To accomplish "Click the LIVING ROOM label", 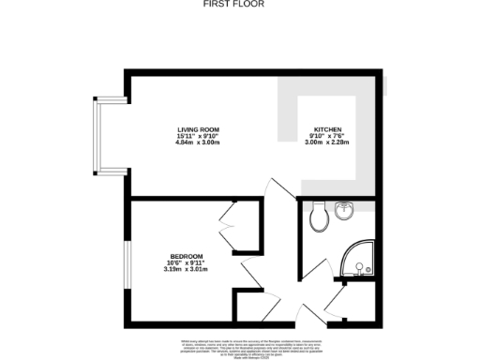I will tap(197, 129).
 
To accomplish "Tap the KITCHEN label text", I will tap(328, 129).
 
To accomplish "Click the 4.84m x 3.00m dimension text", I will tap(197, 143).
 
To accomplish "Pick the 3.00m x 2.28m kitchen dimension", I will tap(328, 143).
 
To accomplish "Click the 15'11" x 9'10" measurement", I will tap(197, 137).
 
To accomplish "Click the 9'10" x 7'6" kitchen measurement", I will tap(328, 137).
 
